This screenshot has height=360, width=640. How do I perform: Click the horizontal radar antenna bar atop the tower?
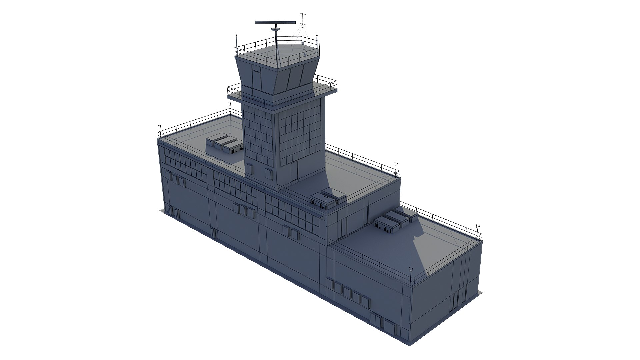(x=275, y=22)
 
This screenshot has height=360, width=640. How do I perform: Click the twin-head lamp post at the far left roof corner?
(x=160, y=131)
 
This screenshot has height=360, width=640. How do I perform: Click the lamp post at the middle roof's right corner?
(x=396, y=169)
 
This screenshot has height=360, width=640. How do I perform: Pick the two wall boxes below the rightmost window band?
(x=291, y=232)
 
